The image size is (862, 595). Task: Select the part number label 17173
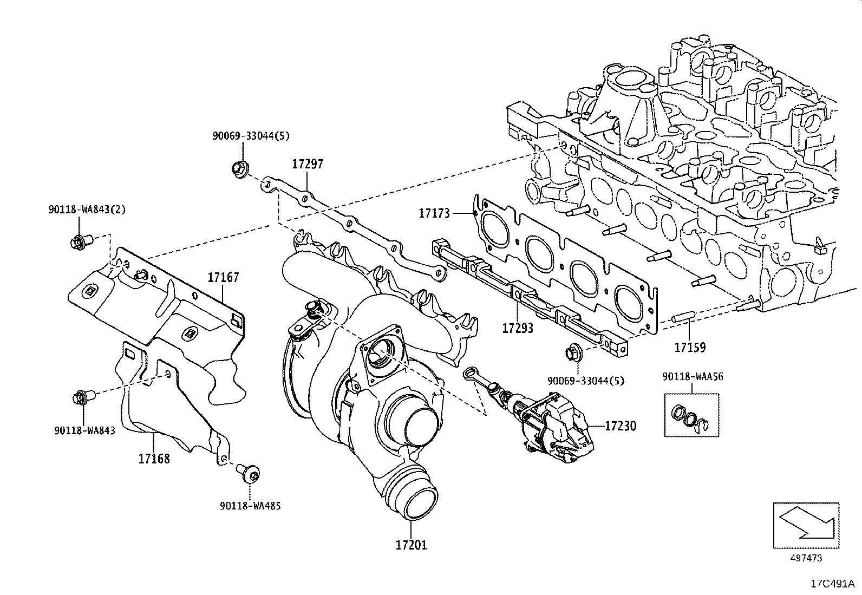coord(434,213)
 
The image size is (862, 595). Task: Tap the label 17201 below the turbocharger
coord(410,545)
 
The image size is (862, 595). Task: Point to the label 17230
coord(620,426)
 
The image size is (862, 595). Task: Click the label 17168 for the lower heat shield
coord(154,459)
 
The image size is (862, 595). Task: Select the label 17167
coord(223,278)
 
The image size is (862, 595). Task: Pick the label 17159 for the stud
coord(689,347)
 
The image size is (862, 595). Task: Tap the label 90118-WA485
coord(250,506)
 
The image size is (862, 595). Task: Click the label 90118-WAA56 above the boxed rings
coord(692,376)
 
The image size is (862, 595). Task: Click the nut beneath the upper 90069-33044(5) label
coord(239,169)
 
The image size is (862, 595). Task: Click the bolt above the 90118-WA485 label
coord(250,474)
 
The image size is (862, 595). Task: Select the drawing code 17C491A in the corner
coord(832,584)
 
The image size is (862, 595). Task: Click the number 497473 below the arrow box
coord(806,558)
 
